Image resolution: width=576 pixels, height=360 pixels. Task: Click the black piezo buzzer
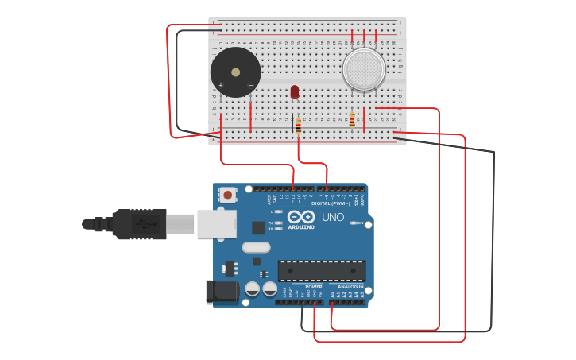pos(235,72)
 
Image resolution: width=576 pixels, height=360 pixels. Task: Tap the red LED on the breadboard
pos(295,92)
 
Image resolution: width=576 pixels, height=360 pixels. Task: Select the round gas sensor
pos(364,69)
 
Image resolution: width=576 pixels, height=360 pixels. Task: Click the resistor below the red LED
pos(299,126)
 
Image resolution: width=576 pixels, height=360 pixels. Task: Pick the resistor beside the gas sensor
pos(352,120)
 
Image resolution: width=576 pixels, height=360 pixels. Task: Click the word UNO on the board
pos(333,217)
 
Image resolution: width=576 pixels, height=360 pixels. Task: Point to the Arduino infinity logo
pos(302,217)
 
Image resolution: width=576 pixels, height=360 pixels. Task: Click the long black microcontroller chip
pos(321,270)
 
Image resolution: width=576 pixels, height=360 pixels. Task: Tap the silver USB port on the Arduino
pos(216,223)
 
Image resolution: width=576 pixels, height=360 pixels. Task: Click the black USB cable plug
pos(139,224)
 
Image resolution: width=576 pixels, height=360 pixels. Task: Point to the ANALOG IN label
pos(350,287)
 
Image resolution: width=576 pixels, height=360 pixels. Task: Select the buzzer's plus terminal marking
pos(220,85)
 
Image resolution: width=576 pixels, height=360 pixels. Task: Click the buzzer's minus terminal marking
pos(250,85)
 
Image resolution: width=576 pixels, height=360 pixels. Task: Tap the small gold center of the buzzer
pos(235,72)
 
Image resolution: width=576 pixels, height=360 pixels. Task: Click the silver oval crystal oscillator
pos(256,246)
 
